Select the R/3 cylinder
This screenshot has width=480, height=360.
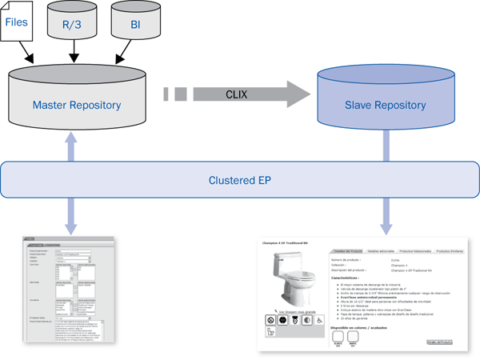pos(74,24)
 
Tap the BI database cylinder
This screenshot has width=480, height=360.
pos(135,24)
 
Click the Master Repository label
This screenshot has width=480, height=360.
pos(76,105)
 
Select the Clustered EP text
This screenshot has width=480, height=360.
pos(240,180)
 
